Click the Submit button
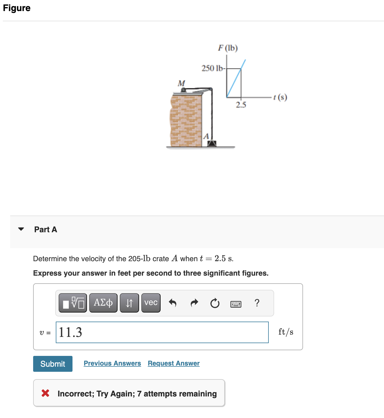tap(53, 364)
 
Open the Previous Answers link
tap(112, 363)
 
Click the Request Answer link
tap(174, 363)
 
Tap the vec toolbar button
tap(151, 303)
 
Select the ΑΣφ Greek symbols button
tap(103, 303)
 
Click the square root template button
tap(73, 303)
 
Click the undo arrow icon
tap(172, 303)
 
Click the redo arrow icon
tap(194, 303)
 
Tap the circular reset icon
tap(215, 303)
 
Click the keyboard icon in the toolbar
tap(236, 304)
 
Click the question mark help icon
tap(257, 303)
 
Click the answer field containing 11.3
tap(162, 332)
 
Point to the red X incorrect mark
tap(45, 393)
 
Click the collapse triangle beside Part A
tap(21, 229)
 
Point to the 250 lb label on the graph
tap(213, 68)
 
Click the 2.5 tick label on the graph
tap(241, 105)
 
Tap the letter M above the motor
tap(181, 83)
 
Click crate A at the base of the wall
tap(212, 143)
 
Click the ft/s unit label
tap(285, 332)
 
